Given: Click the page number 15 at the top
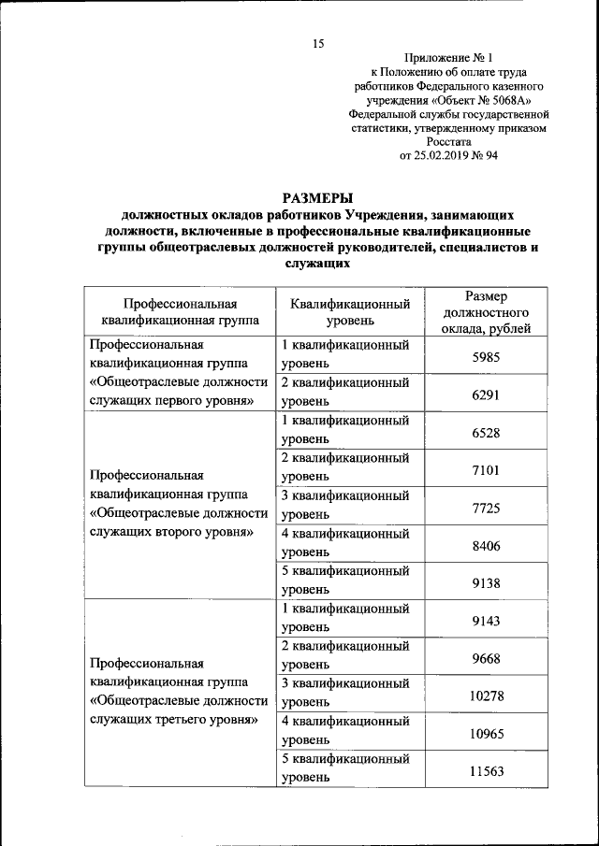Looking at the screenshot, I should pyautogui.click(x=317, y=44).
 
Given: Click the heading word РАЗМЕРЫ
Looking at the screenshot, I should pyautogui.click(x=317, y=198).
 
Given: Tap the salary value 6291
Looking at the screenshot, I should pyautogui.click(x=485, y=395).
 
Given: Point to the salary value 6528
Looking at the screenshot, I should pyautogui.click(x=485, y=433).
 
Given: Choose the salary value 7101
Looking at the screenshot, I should pyautogui.click(x=485, y=470).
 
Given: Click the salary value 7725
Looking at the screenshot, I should pyautogui.click(x=485, y=508).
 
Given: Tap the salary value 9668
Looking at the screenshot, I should pyautogui.click(x=485, y=658).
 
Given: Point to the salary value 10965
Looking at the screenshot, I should pyautogui.click(x=485, y=734).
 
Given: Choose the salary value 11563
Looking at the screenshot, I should pyautogui.click(x=485, y=771).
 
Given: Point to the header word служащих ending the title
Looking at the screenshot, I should pyautogui.click(x=317, y=264).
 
